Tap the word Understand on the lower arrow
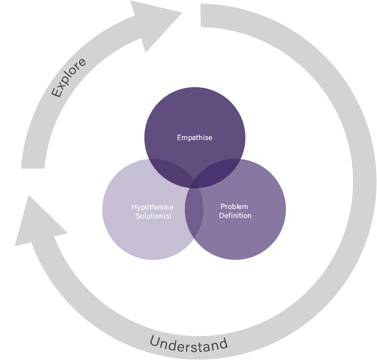188,344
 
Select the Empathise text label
194,137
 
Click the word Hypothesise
152,207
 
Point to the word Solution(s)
153,216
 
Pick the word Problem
234,206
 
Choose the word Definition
235,216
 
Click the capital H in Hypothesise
134,207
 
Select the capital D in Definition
221,216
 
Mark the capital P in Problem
223,206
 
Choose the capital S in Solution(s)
137,216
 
